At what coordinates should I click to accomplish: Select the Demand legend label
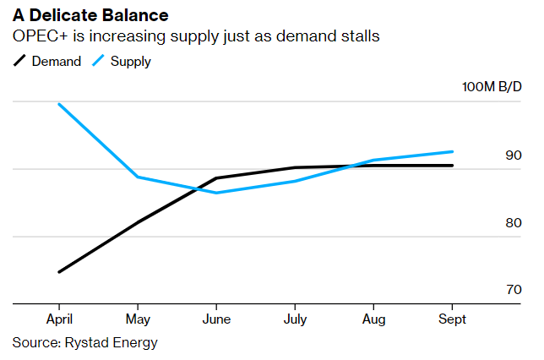57,61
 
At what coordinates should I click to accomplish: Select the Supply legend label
130,61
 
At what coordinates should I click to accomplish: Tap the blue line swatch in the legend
97,61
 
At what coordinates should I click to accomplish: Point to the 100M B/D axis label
492,88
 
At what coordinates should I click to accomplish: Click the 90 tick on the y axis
514,155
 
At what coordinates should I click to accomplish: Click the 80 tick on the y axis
514,223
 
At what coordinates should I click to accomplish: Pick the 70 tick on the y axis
514,290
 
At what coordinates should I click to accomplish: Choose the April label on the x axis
58,320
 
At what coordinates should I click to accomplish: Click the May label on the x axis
137,320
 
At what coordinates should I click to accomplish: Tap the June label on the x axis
216,320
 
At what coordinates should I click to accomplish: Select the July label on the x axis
295,320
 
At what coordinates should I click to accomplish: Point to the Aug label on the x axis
373,320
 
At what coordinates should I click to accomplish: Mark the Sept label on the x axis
452,320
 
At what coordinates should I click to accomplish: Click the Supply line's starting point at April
58,104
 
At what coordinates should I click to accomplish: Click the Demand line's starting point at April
58,272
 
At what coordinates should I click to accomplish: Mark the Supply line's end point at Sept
452,152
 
